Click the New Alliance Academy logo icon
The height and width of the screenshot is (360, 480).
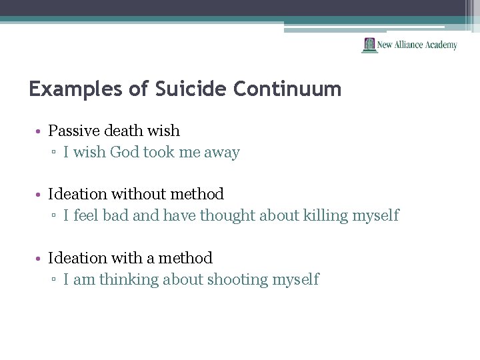click(369, 45)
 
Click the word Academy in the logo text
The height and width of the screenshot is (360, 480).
click(440, 45)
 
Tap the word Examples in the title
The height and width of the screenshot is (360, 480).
click(76, 89)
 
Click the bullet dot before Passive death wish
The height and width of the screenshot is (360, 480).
click(41, 131)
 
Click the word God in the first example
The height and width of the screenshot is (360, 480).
click(124, 153)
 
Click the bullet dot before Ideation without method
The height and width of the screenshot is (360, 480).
click(41, 195)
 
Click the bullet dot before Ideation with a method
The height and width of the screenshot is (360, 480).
click(41, 258)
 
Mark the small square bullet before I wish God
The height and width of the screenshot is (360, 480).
click(55, 153)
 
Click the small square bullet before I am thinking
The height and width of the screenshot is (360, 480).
click(55, 280)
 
